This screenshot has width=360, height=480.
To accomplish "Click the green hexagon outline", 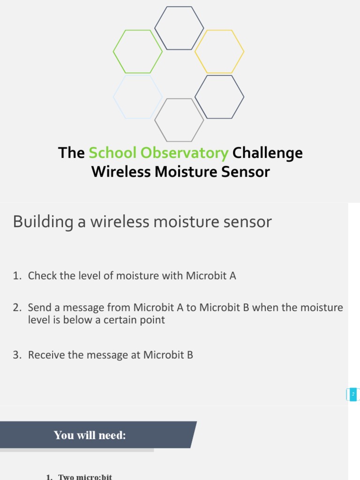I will (x=138, y=52).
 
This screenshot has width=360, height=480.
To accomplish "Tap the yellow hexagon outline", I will (x=219, y=52).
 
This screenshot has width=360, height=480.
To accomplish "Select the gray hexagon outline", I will (x=179, y=120).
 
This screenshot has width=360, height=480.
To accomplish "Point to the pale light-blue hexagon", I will (x=138, y=97).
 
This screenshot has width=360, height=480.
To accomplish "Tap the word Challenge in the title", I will (x=268, y=153).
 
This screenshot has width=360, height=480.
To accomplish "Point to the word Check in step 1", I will (x=41, y=276).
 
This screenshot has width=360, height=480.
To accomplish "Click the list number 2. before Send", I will (x=17, y=308).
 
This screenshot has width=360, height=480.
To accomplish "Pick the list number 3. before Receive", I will (x=17, y=355).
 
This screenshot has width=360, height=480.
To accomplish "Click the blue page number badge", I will (x=352, y=394).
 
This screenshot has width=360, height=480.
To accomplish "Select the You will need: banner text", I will (x=90, y=435).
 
